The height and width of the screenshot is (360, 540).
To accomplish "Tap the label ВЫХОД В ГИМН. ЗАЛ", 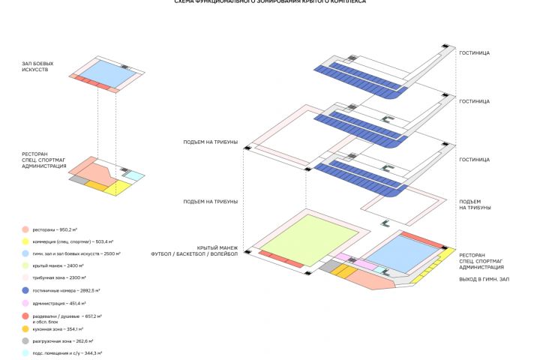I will [x=484, y=279].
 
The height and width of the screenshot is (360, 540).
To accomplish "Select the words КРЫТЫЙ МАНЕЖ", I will [x=217, y=248].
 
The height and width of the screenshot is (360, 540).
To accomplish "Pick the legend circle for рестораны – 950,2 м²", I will [x=25, y=229].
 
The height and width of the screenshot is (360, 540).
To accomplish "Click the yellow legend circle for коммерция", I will [x=25, y=241].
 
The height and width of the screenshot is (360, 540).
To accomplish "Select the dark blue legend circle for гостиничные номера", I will [x=25, y=290].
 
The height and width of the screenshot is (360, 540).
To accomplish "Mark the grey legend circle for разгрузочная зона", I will [x=25, y=340].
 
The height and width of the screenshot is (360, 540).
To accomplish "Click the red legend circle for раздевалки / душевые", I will [x=25, y=316].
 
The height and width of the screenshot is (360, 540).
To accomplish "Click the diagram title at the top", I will [x=270, y=2].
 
